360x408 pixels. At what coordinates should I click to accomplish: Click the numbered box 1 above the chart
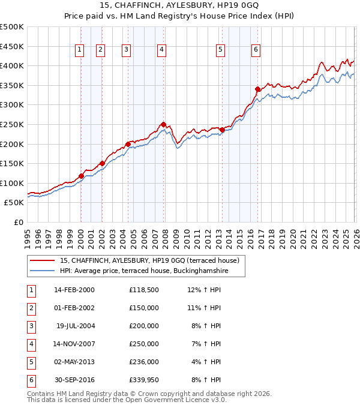[x=80, y=50]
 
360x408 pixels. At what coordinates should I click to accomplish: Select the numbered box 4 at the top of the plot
[x=163, y=50]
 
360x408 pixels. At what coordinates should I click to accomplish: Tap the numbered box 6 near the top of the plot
[x=256, y=50]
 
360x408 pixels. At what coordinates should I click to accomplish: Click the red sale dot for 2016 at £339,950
[x=257, y=89]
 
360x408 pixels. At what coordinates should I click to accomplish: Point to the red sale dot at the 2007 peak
[x=163, y=124]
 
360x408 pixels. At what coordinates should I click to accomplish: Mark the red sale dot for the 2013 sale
[x=222, y=130]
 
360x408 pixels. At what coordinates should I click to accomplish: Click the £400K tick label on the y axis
[x=12, y=65]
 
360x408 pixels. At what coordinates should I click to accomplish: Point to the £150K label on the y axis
[x=12, y=163]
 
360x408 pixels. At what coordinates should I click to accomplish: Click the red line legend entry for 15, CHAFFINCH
[x=149, y=260]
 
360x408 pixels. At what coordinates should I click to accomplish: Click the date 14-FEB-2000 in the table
[x=74, y=290]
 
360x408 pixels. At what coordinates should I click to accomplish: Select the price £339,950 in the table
[x=143, y=380]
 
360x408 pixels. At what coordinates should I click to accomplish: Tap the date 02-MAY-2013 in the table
[x=74, y=362]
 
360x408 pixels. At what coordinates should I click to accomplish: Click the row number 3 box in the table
[x=32, y=326]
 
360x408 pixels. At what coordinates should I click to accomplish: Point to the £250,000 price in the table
[x=143, y=344]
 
